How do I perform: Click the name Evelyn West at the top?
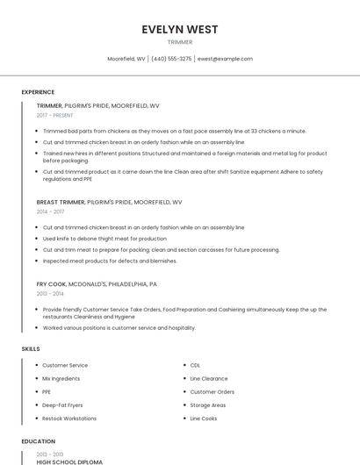(x=179, y=29)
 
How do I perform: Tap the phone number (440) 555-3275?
(x=171, y=59)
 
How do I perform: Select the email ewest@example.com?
(x=225, y=59)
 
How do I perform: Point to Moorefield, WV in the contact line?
(x=126, y=59)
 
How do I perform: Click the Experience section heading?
(x=38, y=92)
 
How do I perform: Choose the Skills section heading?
(x=30, y=349)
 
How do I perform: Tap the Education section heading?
(x=39, y=441)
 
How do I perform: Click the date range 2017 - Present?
(x=54, y=115)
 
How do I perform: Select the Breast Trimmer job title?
(x=59, y=202)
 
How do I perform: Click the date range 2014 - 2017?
(x=50, y=211)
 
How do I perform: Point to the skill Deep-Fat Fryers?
(x=63, y=405)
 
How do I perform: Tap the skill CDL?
(x=195, y=365)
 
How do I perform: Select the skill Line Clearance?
(x=209, y=378)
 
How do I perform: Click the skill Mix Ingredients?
(x=61, y=378)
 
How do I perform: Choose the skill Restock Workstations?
(x=69, y=418)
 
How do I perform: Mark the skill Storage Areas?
(x=208, y=405)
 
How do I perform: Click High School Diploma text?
(x=69, y=461)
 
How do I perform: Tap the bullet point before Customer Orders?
(x=184, y=392)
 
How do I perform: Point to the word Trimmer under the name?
(x=179, y=41)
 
